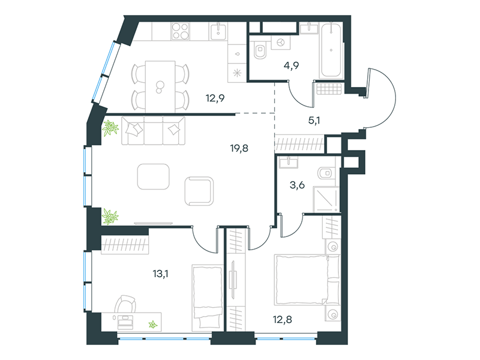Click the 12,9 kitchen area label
pos(215,98)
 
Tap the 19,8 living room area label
pos(239,148)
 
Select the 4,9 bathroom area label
pos(291,65)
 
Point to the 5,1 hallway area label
pos(314,121)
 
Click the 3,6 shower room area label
pos(297,185)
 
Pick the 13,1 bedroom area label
pos(160,274)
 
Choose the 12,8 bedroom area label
pos(282,320)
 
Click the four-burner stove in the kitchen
pos(181,31)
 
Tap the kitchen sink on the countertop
pos(218,32)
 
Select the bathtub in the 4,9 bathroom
pos(331,50)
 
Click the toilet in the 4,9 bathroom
pos(260,50)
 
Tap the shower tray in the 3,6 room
pos(326,199)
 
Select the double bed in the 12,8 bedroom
pos(307,280)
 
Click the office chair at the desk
pos(125,305)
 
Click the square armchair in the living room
pos(199,191)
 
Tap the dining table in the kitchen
pos(160,87)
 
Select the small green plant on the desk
pos(153,325)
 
